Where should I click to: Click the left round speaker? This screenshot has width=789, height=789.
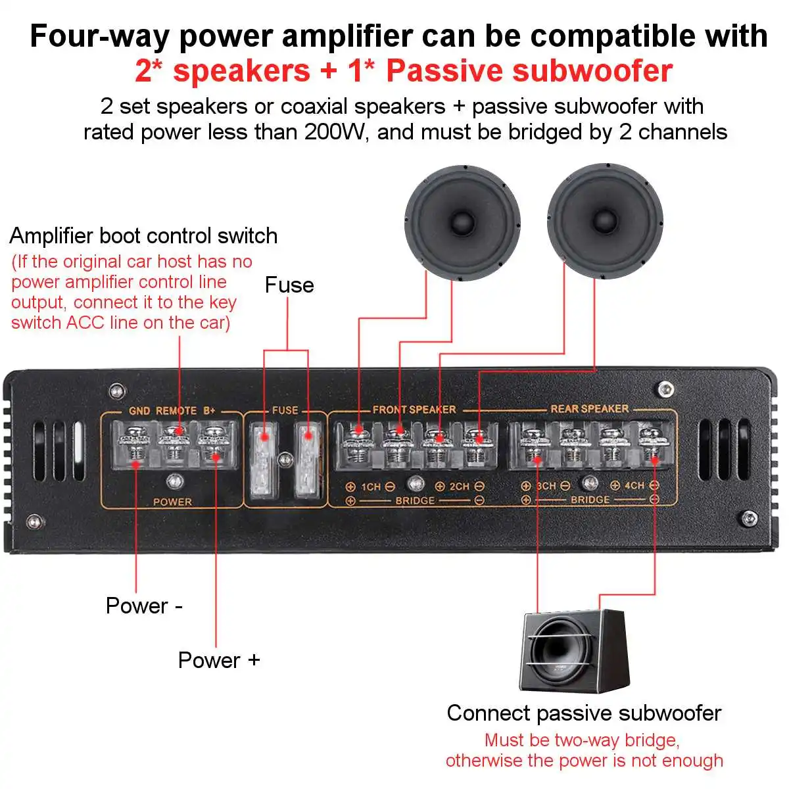pyautogui.click(x=462, y=222)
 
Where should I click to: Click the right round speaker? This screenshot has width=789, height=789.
pyautogui.click(x=605, y=222)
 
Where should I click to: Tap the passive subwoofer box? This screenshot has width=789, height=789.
pyautogui.click(x=573, y=651)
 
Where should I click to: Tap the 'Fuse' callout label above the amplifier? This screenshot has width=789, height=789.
pyautogui.click(x=289, y=285)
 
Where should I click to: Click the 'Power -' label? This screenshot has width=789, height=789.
pyautogui.click(x=144, y=606)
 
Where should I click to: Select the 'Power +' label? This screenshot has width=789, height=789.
pyautogui.click(x=219, y=660)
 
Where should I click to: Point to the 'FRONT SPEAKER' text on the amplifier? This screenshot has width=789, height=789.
pyautogui.click(x=414, y=409)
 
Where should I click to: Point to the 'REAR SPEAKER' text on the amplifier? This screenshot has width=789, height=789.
pyautogui.click(x=589, y=408)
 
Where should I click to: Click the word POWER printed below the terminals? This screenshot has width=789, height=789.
pyautogui.click(x=172, y=502)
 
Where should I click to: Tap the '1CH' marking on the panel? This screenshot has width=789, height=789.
pyautogui.click(x=371, y=487)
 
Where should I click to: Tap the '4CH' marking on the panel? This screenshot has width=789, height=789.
pyautogui.click(x=634, y=485)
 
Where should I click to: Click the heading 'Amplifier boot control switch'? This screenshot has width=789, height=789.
pyautogui.click(x=143, y=236)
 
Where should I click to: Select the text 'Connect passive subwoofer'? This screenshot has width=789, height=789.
pyautogui.click(x=584, y=713)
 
